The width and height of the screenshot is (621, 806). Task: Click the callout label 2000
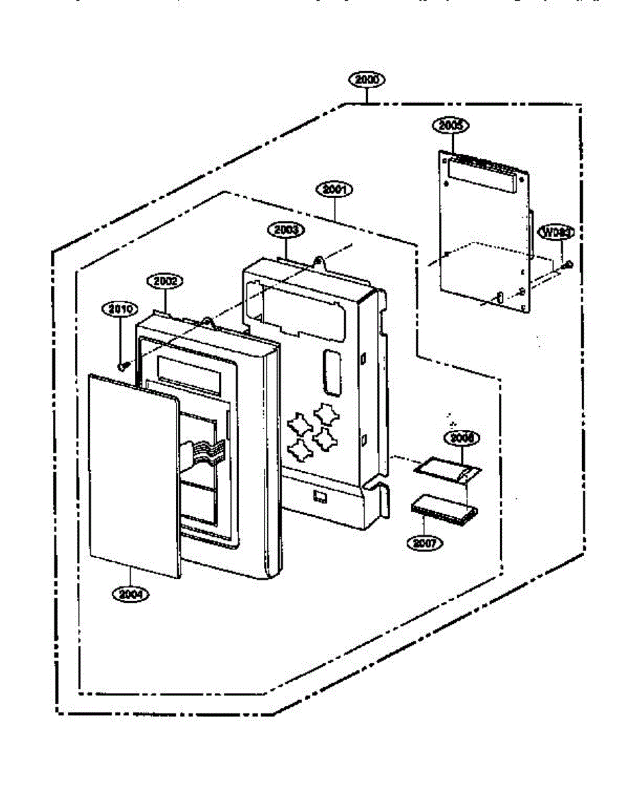[367, 79]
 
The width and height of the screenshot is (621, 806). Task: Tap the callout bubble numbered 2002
[164, 281]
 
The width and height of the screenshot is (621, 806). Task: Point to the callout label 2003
[286, 230]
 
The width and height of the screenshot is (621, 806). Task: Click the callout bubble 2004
[131, 594]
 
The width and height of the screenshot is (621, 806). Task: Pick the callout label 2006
[462, 437]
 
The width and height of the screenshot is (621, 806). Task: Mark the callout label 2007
[424, 543]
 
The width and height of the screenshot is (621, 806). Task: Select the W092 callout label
[556, 232]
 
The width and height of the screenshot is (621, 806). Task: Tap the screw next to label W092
[568, 265]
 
